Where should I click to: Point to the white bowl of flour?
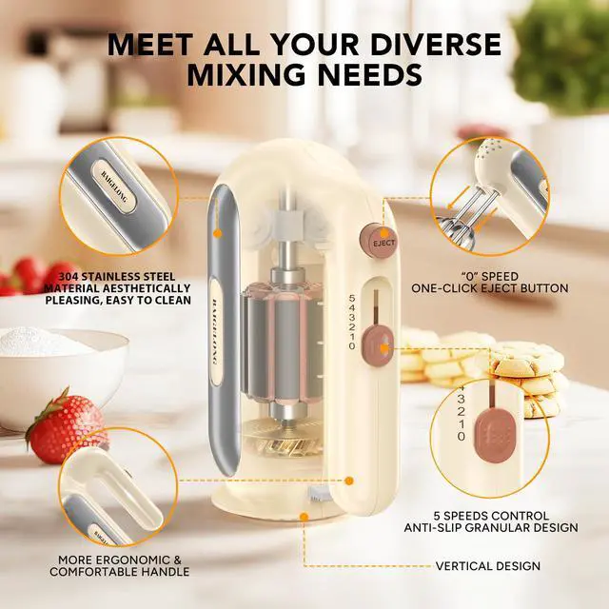[57, 362]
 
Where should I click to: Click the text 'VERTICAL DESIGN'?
[487, 565]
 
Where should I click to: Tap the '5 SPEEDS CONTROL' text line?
[491, 515]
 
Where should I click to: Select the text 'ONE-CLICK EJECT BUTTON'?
[489, 287]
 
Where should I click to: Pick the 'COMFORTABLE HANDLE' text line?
[123, 572]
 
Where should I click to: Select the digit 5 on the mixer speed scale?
[352, 296]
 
